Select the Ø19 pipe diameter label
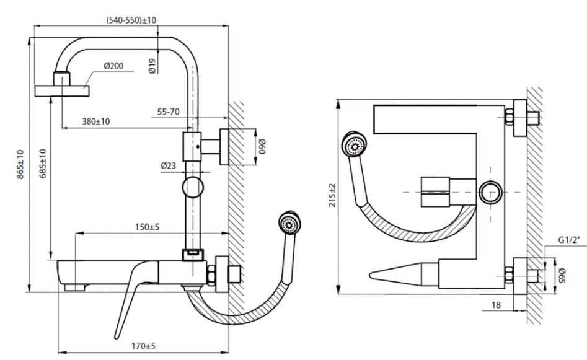[152, 65]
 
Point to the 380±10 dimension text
[96, 121]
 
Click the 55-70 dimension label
[169, 112]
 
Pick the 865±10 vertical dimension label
[20, 164]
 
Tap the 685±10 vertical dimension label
[43, 164]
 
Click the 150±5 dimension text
[146, 227]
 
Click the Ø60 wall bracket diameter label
[262, 147]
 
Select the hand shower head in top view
[355, 146]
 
